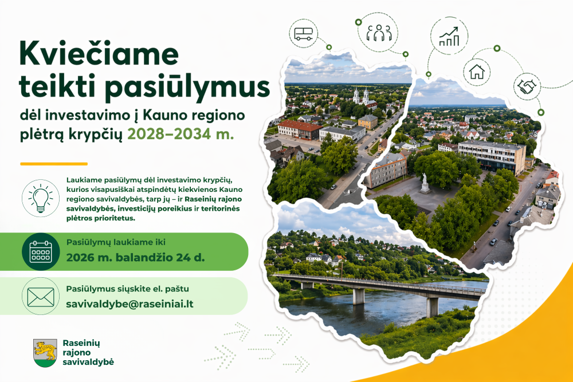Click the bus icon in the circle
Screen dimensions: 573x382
pyautogui.click(x=303, y=34)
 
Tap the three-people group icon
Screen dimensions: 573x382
pyautogui.click(x=379, y=33)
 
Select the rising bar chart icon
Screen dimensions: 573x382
pyautogui.click(x=449, y=36)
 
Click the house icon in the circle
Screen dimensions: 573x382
pyautogui.click(x=477, y=72)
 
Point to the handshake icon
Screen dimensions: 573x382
pyautogui.click(x=527, y=86)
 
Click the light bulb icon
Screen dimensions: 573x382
pyautogui.click(x=41, y=198)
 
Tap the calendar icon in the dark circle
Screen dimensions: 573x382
pyautogui.click(x=41, y=251)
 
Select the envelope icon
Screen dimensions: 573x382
pyautogui.click(x=41, y=297)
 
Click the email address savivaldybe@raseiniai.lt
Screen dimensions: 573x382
pyautogui.click(x=129, y=304)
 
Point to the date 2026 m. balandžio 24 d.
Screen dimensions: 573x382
pyautogui.click(x=135, y=258)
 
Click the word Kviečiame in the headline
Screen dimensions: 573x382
pyautogui.click(x=99, y=54)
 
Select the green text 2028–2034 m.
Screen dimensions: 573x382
pyautogui.click(x=180, y=134)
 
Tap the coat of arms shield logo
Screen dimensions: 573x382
pyautogui.click(x=45, y=353)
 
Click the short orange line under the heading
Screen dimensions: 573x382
pyautogui.click(x=54, y=164)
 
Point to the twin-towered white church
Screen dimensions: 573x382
pyautogui.click(x=360, y=96)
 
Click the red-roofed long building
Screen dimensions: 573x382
pyautogui.click(x=299, y=130)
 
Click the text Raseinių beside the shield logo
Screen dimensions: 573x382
pyautogui.click(x=81, y=343)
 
